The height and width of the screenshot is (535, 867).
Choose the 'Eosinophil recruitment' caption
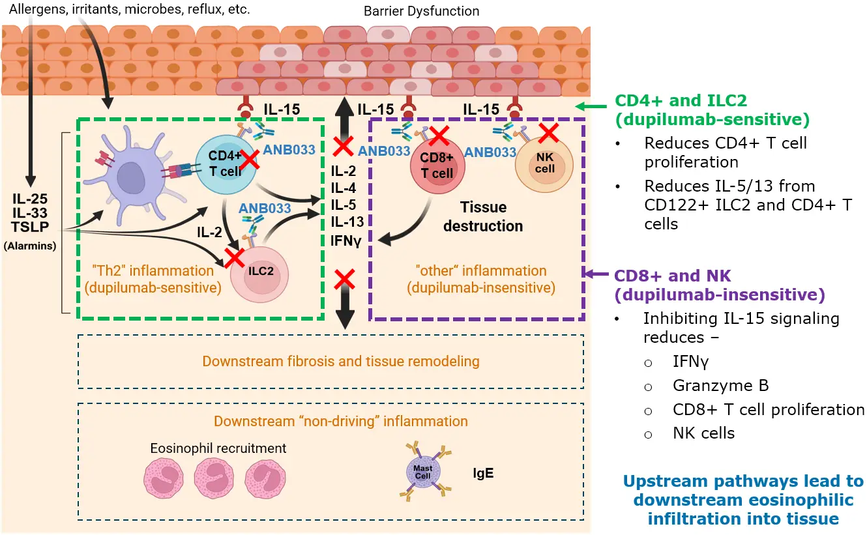(x=218, y=448)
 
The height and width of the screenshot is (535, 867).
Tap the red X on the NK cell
(x=549, y=133)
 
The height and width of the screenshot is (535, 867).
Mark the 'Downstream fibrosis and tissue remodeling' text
(x=341, y=361)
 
